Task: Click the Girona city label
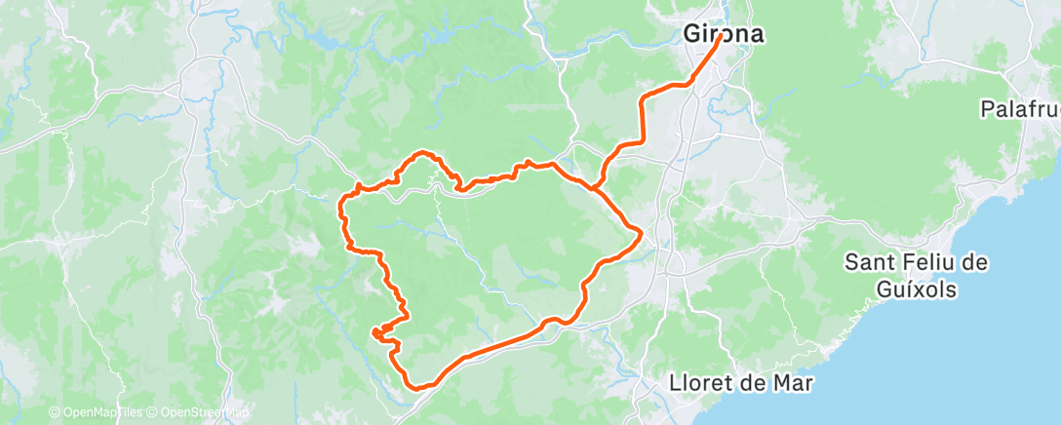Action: [x=722, y=34]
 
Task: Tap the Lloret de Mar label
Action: [x=741, y=383]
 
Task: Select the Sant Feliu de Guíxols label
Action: [x=917, y=276]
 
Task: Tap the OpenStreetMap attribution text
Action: [x=198, y=413]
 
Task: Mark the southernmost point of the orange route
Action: [x=417, y=387]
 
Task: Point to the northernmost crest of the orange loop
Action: [x=422, y=153]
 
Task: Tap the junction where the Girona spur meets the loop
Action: [x=594, y=185]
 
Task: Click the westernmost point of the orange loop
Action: [x=340, y=205]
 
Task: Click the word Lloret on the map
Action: [x=704, y=383]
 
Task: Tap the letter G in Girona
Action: [x=690, y=34]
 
